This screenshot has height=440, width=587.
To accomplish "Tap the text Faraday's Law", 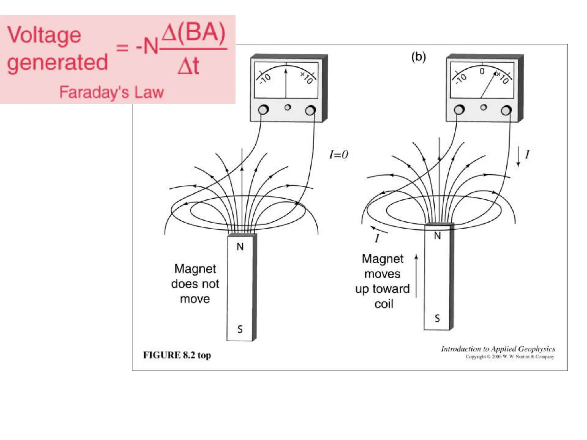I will (x=111, y=92).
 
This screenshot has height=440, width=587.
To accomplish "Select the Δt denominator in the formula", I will (x=188, y=66).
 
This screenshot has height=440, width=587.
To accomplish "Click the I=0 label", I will (x=338, y=155).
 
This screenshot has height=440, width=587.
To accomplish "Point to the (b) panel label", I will (x=418, y=57).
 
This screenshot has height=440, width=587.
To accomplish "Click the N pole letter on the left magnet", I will (x=240, y=247).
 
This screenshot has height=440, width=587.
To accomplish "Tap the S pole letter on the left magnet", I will (x=240, y=329).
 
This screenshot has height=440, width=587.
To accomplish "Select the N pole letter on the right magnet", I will (x=437, y=236).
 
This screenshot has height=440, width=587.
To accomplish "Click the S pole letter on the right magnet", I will (x=437, y=318).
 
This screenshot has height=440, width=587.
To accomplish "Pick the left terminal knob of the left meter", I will (x=263, y=110).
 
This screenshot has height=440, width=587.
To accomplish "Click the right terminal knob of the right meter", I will (x=506, y=110).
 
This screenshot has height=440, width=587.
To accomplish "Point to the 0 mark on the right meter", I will (x=482, y=71).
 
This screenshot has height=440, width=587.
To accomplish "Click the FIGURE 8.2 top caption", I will (x=177, y=355).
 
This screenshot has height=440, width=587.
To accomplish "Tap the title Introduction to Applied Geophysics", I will (x=498, y=349).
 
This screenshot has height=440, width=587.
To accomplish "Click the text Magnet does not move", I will (x=195, y=284).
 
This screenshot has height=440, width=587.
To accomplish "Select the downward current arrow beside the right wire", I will (x=518, y=156).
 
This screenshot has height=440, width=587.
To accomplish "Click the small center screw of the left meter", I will (x=287, y=107).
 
